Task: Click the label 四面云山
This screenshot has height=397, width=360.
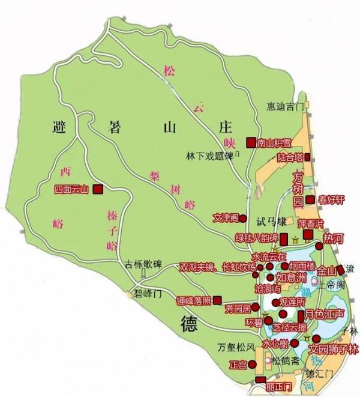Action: tap(71, 189)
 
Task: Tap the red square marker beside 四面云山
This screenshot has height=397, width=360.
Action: tap(97, 189)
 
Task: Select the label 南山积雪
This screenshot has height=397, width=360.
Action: tap(274, 142)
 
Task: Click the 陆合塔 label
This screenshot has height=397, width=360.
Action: tap(289, 157)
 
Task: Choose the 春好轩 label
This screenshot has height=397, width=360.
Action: tap(331, 200)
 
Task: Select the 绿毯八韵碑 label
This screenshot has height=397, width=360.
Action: tap(257, 237)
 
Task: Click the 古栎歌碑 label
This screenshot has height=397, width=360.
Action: tap(143, 263)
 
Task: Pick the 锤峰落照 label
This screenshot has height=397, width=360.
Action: tap(194, 299)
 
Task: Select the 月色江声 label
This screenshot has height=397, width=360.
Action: tap(324, 314)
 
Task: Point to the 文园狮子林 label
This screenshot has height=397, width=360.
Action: tap(333, 349)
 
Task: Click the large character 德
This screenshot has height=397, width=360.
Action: tap(189, 324)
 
